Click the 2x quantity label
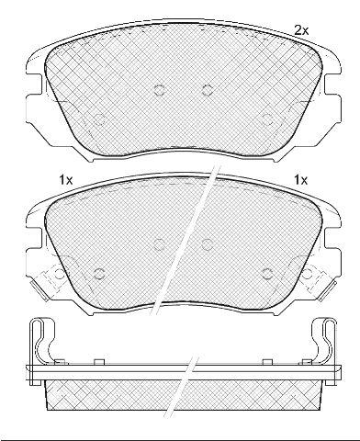pyautogui.click(x=301, y=30)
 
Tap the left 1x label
pyautogui.click(x=66, y=180)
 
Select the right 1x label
pyautogui.click(x=300, y=180)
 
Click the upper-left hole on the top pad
pyautogui.click(x=160, y=90)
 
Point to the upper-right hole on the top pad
pyautogui.click(x=208, y=90)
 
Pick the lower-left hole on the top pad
pyautogui.click(x=99, y=119)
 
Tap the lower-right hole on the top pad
pyautogui.click(x=267, y=119)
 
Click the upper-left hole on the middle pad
pyautogui.click(x=160, y=244)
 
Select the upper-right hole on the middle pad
pyautogui.click(x=208, y=244)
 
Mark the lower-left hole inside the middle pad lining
pyautogui.click(x=99, y=274)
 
